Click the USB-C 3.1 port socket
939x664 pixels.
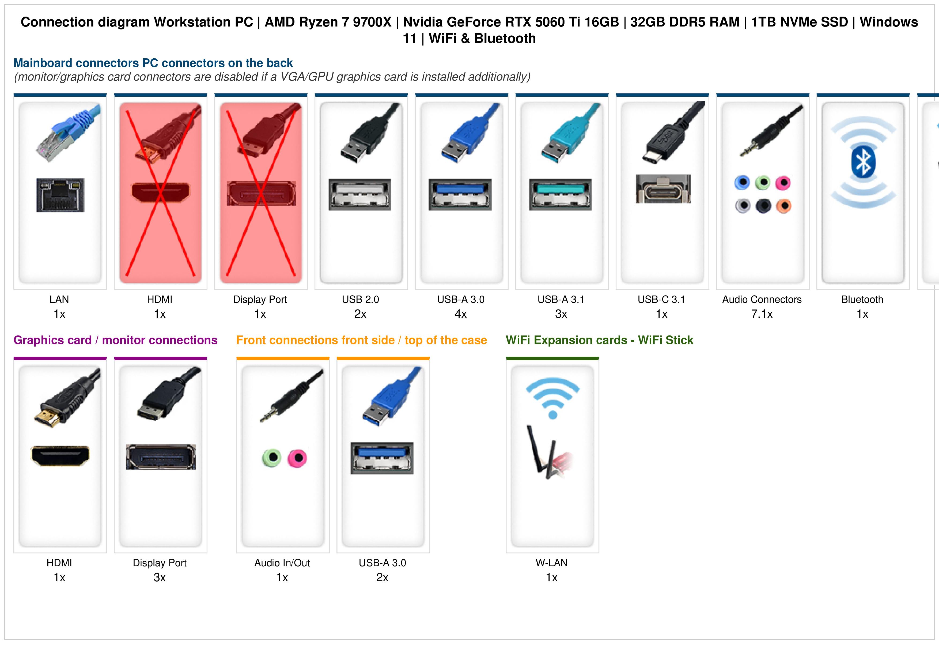663,188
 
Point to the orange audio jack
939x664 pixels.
783,206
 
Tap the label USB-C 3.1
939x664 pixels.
661,300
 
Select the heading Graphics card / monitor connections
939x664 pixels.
115,340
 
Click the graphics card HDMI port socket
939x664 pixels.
60,456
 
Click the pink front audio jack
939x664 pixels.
297,458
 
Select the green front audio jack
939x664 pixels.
272,458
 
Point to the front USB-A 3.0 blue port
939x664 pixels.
382,458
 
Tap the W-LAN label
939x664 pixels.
552,563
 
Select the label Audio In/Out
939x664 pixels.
282,563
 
